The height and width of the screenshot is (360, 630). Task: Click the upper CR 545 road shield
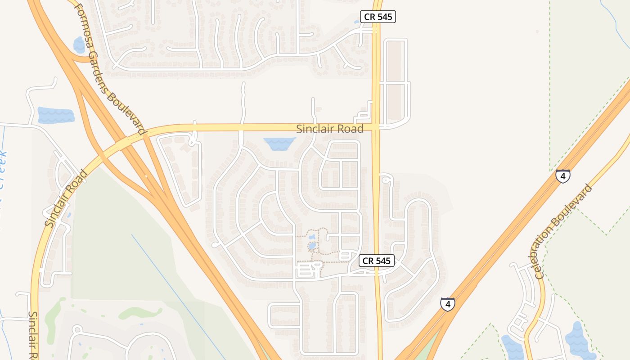[x=378, y=17]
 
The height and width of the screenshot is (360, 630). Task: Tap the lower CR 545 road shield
[x=377, y=261]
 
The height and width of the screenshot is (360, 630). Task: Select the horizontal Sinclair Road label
[x=330, y=129]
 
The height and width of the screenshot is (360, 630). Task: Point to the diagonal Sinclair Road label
[x=66, y=198]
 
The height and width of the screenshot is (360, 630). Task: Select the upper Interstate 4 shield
[x=563, y=175]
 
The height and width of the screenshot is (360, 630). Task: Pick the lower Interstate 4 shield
[x=447, y=304]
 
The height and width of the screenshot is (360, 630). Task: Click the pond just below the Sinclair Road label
[x=279, y=144]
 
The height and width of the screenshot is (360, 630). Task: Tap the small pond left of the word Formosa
[x=79, y=44]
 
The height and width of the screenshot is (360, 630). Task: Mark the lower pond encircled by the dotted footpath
[x=312, y=246]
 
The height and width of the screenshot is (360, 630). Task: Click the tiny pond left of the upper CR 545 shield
[x=357, y=22]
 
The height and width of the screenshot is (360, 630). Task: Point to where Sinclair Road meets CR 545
[x=377, y=127]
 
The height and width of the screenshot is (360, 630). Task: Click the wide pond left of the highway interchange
[x=56, y=115]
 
